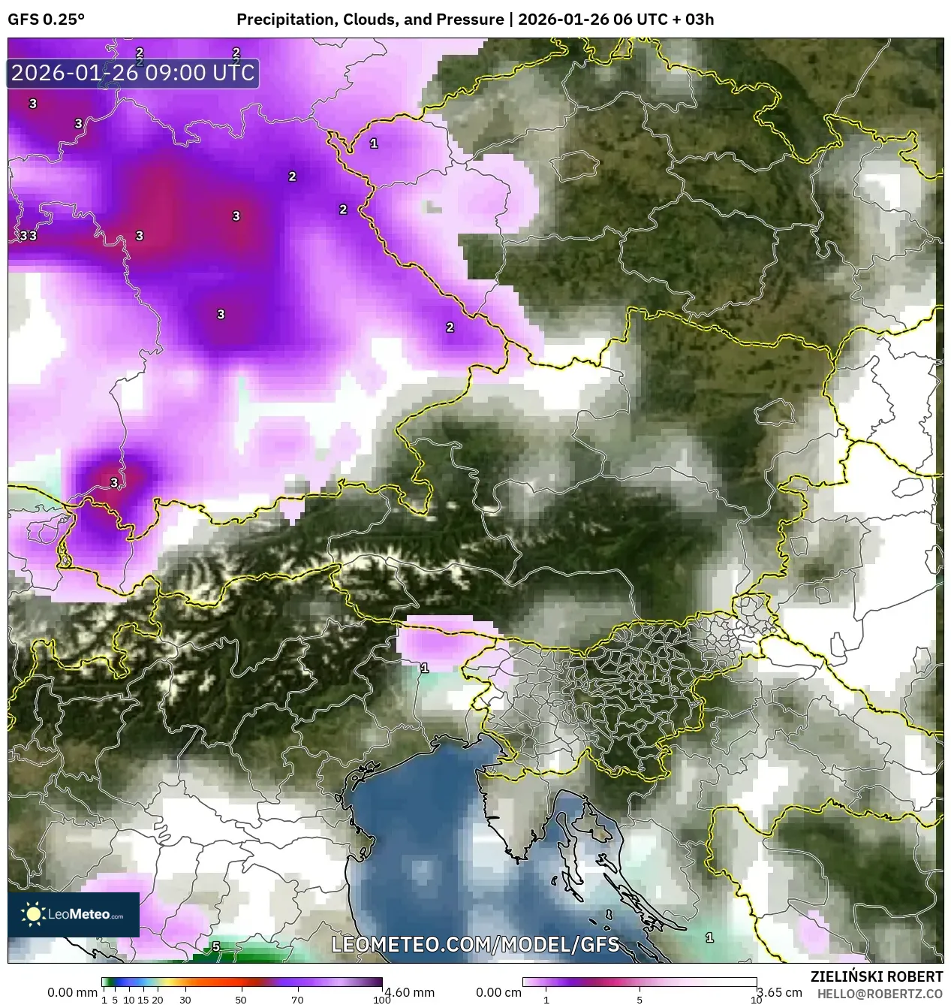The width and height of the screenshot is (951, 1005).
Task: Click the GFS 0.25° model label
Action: [46, 20]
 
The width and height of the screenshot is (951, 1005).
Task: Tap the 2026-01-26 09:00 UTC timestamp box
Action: [133, 74]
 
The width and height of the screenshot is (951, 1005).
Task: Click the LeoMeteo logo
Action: [74, 914]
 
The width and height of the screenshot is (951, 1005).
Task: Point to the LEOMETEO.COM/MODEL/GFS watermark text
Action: [475, 944]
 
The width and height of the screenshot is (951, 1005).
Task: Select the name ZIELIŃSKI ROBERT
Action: [877, 976]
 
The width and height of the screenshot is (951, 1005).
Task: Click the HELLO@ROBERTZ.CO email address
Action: [880, 993]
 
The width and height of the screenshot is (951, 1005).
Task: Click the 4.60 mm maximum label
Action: [409, 992]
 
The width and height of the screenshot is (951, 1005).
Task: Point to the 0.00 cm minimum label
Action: [499, 992]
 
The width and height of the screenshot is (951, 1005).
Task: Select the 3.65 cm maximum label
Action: [780, 992]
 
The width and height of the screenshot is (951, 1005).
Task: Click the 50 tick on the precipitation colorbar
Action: [241, 1000]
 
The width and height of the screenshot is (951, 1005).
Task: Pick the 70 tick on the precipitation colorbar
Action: [297, 1000]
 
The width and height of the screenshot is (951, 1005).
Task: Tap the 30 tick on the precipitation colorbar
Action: [185, 1000]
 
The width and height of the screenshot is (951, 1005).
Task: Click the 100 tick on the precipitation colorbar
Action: [381, 1000]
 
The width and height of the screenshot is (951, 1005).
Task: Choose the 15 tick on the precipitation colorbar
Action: [143, 1000]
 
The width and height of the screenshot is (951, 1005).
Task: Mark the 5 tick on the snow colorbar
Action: [640, 1000]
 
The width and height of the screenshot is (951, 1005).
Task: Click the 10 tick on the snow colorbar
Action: [756, 1000]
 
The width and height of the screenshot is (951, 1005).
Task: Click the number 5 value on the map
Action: [216, 946]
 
